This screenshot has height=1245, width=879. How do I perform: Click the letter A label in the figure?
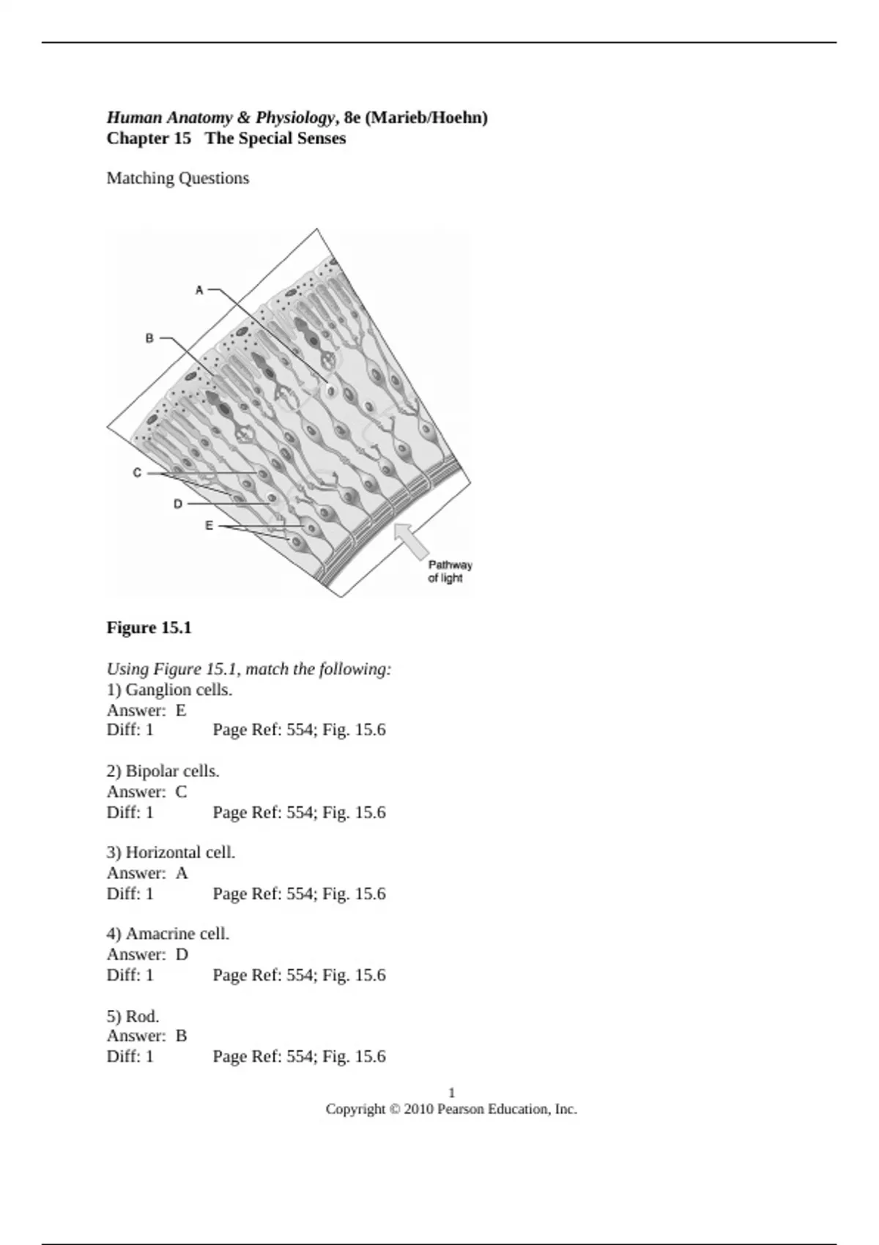(x=199, y=291)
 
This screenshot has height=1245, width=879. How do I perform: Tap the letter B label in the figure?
(x=149, y=338)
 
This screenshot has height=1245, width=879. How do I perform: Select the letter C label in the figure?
(x=137, y=473)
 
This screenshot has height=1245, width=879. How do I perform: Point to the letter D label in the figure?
(x=178, y=504)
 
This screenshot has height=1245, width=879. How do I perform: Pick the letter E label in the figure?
(x=209, y=526)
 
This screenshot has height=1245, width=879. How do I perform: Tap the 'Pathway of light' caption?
(x=449, y=571)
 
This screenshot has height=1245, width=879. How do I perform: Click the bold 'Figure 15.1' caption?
(x=149, y=628)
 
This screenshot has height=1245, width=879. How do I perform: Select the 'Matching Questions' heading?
(x=177, y=178)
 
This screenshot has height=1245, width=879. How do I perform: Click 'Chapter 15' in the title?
(x=149, y=138)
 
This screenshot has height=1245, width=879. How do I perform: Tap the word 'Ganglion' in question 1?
(x=154, y=689)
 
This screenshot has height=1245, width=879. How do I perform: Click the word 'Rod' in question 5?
(x=141, y=1016)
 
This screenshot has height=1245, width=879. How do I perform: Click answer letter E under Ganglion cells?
(x=181, y=710)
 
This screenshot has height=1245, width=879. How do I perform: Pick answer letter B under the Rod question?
(x=181, y=1036)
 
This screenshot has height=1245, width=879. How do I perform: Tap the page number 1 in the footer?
(x=451, y=1092)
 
